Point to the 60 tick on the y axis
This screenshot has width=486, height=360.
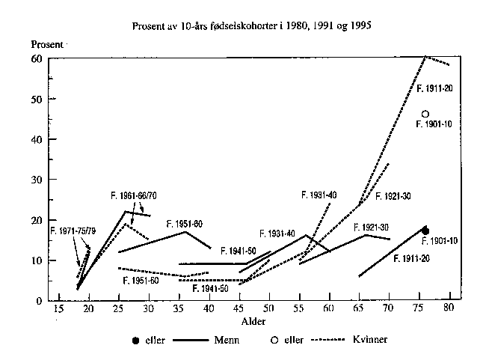(35, 58)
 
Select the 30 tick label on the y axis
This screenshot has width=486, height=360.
(35, 180)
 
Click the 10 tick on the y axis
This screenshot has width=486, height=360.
(35, 260)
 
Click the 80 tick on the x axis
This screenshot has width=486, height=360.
(449, 308)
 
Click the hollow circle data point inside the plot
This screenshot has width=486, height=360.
(425, 115)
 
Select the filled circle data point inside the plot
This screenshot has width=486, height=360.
(425, 231)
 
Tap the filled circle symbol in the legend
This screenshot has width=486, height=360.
(135, 341)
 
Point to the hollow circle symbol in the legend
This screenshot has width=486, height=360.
(275, 341)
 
